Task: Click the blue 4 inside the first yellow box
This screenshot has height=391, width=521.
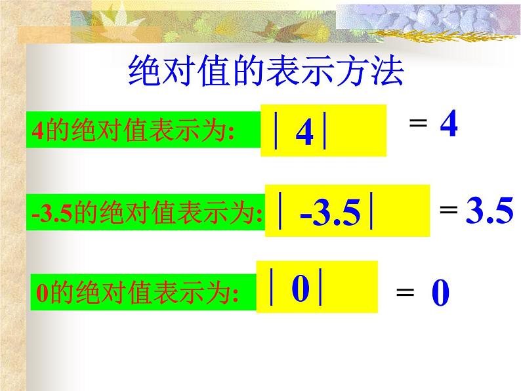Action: pos(304,133)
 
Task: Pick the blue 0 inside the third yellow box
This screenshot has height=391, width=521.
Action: pos(300,289)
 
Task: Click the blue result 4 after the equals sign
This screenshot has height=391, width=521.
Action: pos(448,124)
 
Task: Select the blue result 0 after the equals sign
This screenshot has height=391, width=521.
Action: pos(440,295)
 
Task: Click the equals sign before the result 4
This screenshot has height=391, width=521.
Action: pos(418,123)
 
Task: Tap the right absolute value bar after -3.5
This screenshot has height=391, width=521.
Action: pos(371,211)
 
